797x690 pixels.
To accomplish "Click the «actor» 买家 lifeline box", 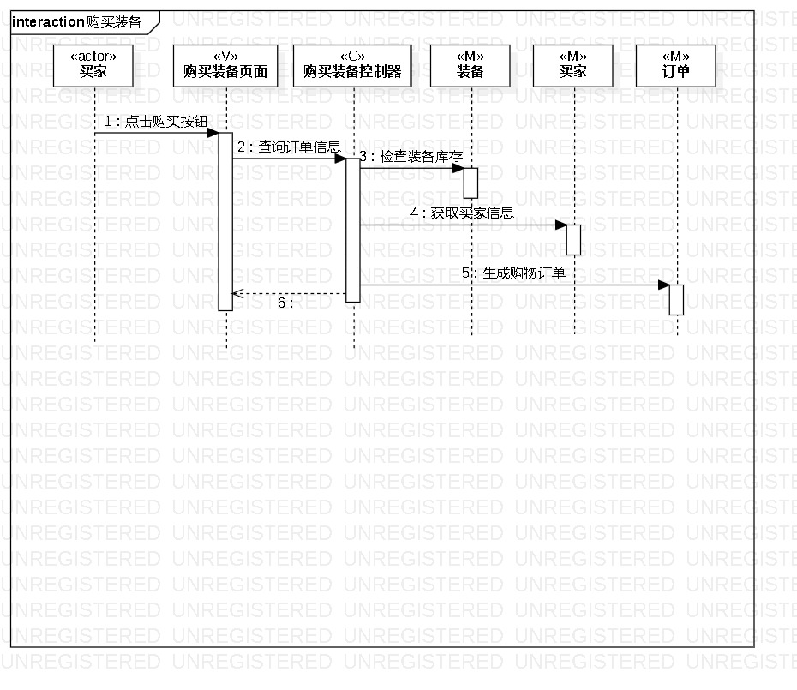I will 94,64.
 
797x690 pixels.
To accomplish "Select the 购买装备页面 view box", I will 225,64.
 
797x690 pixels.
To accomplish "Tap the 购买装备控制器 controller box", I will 353,64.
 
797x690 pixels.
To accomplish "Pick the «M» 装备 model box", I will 470,64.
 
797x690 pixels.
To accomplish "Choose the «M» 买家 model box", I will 573,64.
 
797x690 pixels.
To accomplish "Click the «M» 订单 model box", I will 676,64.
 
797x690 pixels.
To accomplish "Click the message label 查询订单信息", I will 289,147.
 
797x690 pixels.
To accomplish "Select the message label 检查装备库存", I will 416,157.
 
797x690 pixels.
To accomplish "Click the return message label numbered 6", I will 285,303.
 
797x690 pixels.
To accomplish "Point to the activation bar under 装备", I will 470,183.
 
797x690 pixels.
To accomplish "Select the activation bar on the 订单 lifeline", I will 676,299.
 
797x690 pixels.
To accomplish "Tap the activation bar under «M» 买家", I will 573,239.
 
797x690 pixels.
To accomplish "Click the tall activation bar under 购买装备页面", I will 225,221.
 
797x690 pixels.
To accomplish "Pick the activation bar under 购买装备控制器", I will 353,230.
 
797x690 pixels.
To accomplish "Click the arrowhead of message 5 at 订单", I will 664,285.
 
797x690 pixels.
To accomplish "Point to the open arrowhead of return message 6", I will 238,294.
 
